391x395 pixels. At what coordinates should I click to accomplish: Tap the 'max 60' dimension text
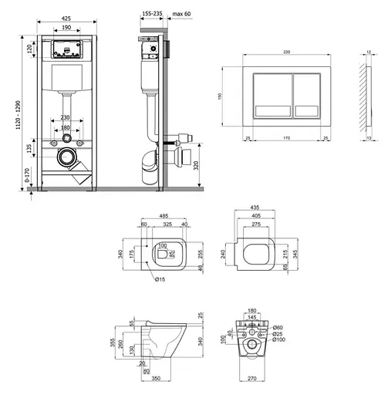182,13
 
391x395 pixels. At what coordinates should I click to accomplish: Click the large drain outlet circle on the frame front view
68,160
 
